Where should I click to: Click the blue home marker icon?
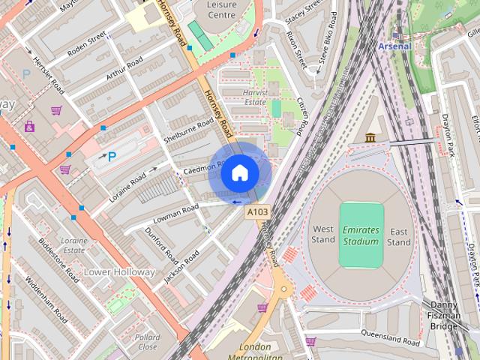tap(239, 173)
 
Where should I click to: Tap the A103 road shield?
tap(256, 213)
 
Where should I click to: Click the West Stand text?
tap(323, 235)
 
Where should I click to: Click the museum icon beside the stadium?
tap(370, 137)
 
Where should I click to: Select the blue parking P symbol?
tap(112, 156)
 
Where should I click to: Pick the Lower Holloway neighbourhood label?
tap(119, 271)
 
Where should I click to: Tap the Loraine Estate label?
tap(74, 245)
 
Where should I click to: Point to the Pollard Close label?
tap(148, 341)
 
